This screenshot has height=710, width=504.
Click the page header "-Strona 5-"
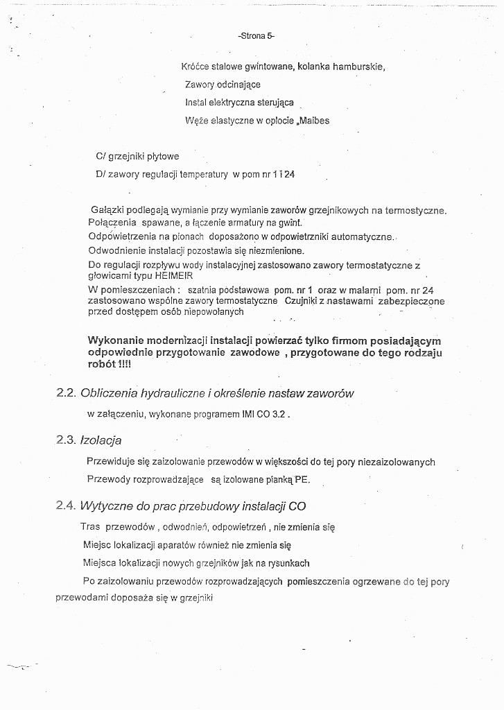click(257, 35)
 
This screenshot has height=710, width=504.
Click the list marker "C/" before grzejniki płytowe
click(101, 157)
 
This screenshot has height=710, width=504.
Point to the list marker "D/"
click(101, 175)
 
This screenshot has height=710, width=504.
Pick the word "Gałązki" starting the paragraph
click(107, 210)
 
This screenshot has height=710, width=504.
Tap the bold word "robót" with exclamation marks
click(101, 364)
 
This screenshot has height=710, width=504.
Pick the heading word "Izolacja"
click(101, 440)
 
